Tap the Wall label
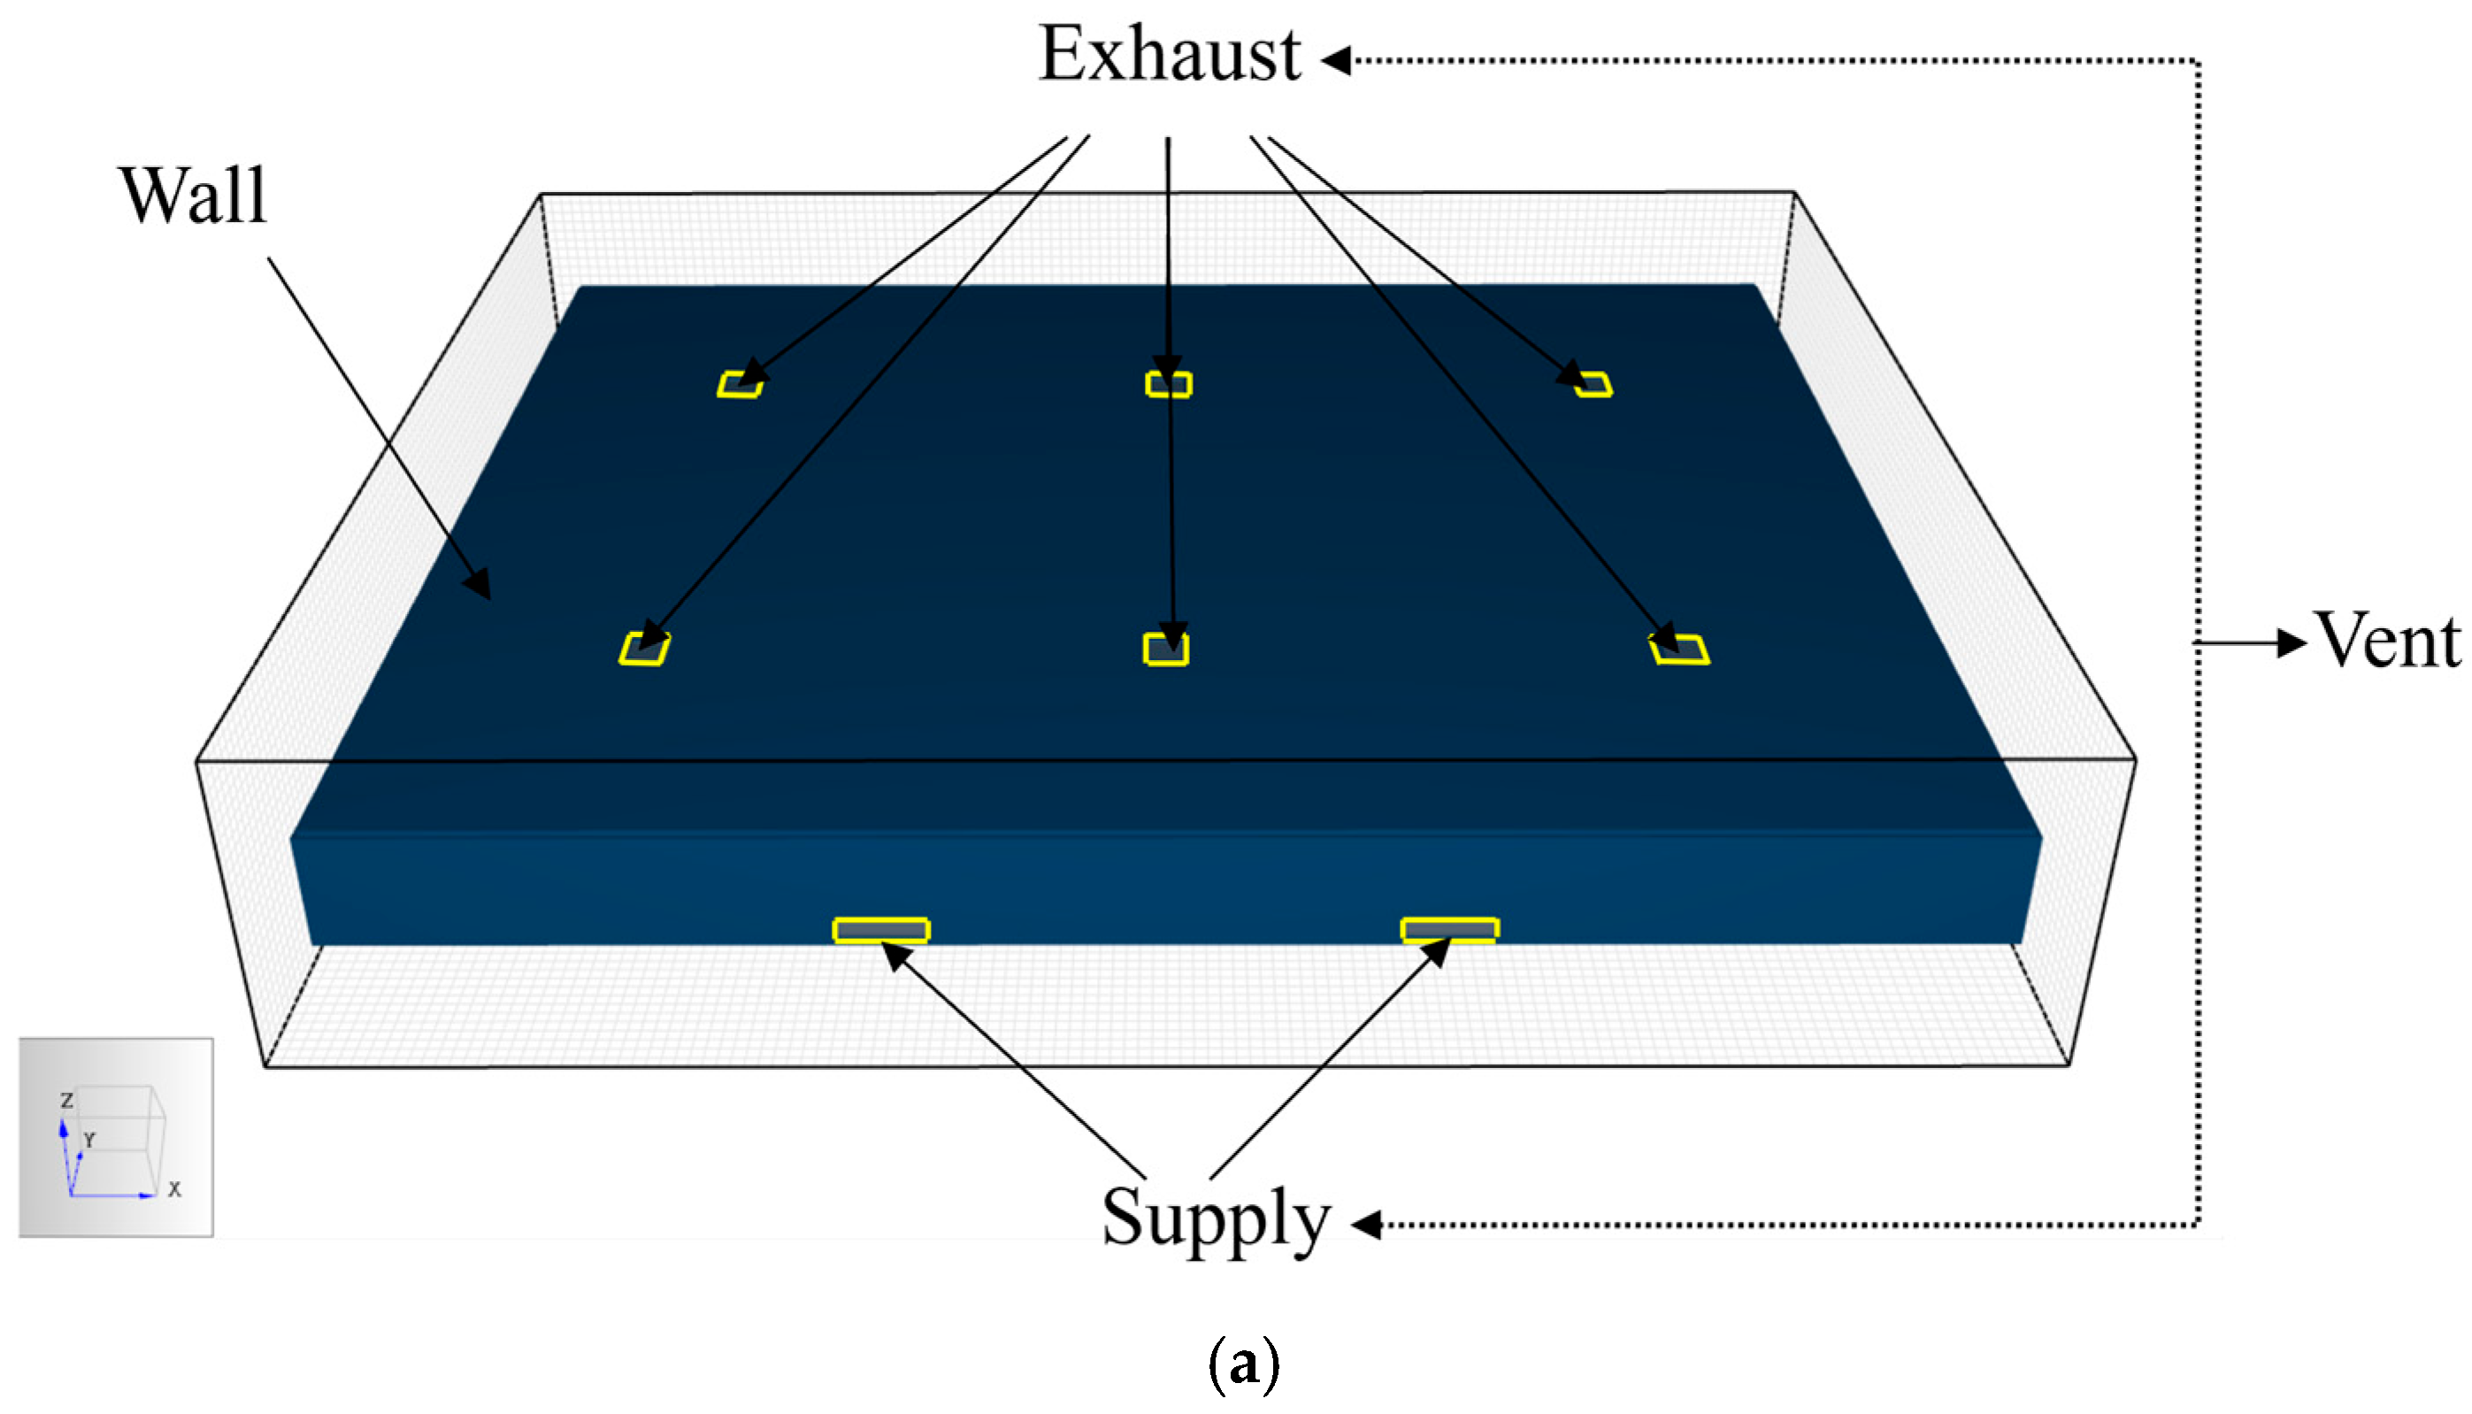coord(192,196)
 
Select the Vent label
coord(2389,641)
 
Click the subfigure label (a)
coord(1243,1364)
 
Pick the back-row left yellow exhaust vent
coord(740,385)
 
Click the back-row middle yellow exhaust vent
coord(1168,385)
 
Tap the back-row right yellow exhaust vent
coord(1593,385)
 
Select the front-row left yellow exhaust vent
coord(644,649)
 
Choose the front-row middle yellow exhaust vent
coord(1165,649)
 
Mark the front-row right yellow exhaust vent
coord(1680,649)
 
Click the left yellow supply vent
coord(880,930)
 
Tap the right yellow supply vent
coord(1448,930)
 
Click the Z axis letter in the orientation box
coord(67,1100)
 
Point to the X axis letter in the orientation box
coord(175,1189)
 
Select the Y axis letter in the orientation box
coord(89,1140)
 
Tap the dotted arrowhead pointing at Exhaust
coord(1336,60)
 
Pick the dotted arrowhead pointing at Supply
coord(1367,1225)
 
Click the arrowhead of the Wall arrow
coord(479,586)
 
